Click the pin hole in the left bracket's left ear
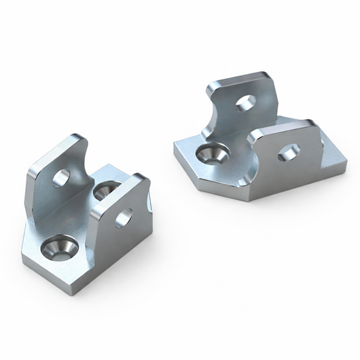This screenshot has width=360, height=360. click(61, 178)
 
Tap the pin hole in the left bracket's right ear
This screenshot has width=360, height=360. click(124, 217)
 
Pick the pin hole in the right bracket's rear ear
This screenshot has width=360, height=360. click(246, 103)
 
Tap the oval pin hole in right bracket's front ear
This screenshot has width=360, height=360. click(288, 152)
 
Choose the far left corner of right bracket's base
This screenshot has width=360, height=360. click(175, 142)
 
